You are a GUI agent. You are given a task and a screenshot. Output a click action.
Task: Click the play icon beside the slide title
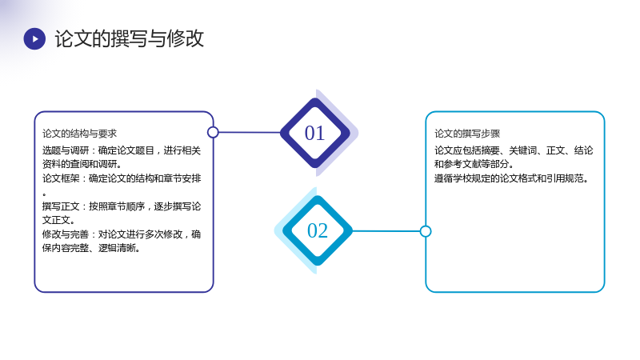[x=34, y=38]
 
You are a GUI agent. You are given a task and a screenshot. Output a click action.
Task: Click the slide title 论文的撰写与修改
[x=130, y=38]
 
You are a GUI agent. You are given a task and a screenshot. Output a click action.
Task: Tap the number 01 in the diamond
[x=314, y=134]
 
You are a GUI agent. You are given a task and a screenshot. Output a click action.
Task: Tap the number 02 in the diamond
[x=318, y=231]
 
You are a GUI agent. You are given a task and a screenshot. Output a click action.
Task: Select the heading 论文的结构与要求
[x=79, y=134]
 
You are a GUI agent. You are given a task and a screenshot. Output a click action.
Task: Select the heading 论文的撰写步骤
[x=467, y=134]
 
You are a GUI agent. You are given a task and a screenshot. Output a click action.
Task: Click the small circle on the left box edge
[x=213, y=132]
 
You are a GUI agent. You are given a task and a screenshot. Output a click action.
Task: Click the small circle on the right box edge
[x=426, y=231]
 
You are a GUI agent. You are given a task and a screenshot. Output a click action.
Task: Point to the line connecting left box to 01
[x=250, y=132]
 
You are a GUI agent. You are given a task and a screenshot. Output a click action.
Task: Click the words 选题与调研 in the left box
[x=66, y=150]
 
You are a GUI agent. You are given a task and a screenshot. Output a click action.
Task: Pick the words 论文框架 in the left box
[x=61, y=178]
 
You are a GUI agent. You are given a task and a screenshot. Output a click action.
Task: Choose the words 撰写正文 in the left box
[x=61, y=206]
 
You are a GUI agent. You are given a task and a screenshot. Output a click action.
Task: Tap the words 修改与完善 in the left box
[x=66, y=234]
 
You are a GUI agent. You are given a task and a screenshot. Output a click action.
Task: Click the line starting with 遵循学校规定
[x=511, y=178]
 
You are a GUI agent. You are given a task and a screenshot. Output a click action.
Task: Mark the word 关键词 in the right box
[x=523, y=150]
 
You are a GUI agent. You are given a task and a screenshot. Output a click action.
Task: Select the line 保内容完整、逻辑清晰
[x=91, y=248]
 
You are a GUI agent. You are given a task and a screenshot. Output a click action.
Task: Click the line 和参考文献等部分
[x=474, y=164]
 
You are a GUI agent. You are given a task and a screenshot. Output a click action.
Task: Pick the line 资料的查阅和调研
[x=82, y=164]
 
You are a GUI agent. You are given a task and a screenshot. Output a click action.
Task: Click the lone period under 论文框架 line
[x=44, y=194]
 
